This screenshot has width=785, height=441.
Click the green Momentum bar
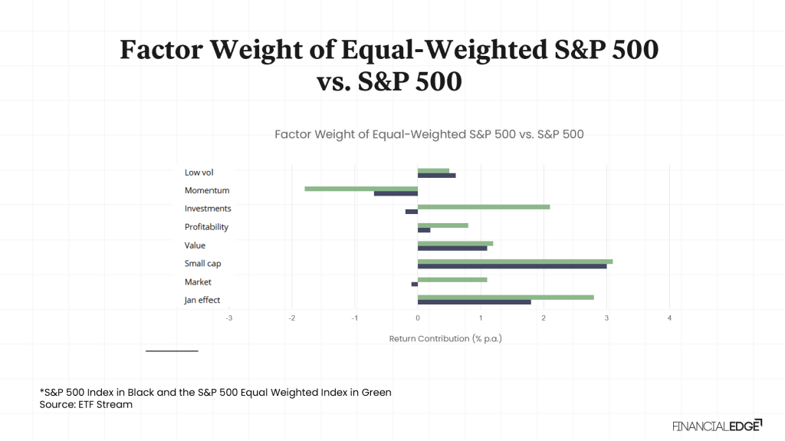(360, 188)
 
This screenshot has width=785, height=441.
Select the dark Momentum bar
(396, 193)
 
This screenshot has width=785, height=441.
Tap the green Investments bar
(483, 206)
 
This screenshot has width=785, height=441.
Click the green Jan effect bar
(505, 297)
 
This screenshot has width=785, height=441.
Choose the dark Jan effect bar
(474, 302)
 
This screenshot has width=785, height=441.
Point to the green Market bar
(452, 279)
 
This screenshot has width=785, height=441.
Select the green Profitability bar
(442, 225)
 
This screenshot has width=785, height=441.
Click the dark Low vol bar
(436, 176)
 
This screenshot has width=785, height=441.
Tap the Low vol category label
(199, 173)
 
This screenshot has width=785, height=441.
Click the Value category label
(195, 245)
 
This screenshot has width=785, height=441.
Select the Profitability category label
(206, 227)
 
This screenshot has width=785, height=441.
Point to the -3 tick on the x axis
(228, 318)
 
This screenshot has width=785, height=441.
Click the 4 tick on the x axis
(669, 318)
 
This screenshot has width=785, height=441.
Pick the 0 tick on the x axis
(418, 318)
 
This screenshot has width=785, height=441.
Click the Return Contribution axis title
(445, 338)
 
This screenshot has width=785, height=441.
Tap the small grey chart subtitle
(429, 134)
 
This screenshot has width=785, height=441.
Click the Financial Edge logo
(717, 425)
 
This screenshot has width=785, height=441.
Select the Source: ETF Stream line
(86, 405)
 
